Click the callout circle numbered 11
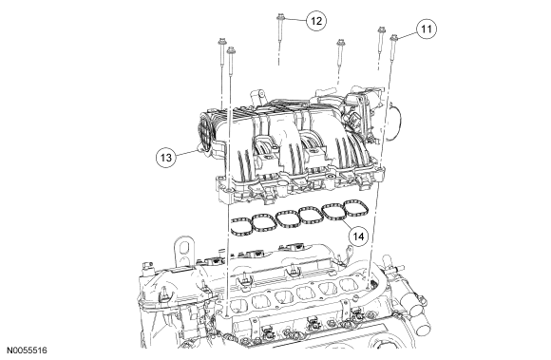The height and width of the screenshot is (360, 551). coord(427,28)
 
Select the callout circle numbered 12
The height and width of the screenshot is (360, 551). coord(316,21)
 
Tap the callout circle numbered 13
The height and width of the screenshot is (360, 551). coord(166,157)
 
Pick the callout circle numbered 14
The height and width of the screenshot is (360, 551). coord(358,237)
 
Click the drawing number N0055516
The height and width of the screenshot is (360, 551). coord(27,351)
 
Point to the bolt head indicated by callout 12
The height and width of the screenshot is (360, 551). coord(280,17)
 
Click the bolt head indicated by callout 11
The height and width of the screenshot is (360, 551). coord(394,37)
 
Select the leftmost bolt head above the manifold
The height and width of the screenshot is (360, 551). coord(221,41)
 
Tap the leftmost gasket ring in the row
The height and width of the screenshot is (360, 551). coord(241,227)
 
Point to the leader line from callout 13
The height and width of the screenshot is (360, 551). coord(186,153)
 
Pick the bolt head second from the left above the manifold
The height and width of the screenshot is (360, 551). coord(231,50)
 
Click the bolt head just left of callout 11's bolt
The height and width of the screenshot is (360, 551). coord(381,30)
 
